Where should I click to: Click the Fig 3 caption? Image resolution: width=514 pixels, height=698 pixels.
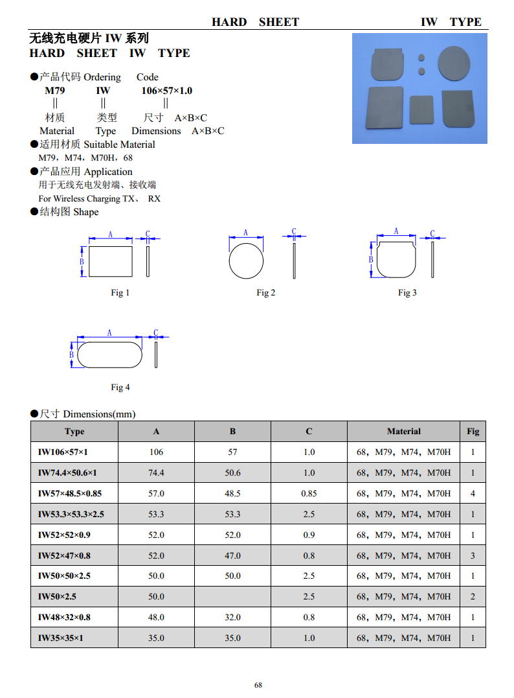click(407, 292)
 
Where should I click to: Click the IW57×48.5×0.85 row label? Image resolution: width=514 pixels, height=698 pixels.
click(70, 493)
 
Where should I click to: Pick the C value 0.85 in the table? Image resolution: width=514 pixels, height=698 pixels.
click(309, 493)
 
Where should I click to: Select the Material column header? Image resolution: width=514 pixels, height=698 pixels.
click(404, 432)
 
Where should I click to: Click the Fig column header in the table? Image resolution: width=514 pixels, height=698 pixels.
click(473, 432)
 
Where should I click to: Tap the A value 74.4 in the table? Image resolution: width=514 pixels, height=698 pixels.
click(156, 472)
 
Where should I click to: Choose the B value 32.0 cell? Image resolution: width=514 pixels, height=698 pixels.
click(232, 617)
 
